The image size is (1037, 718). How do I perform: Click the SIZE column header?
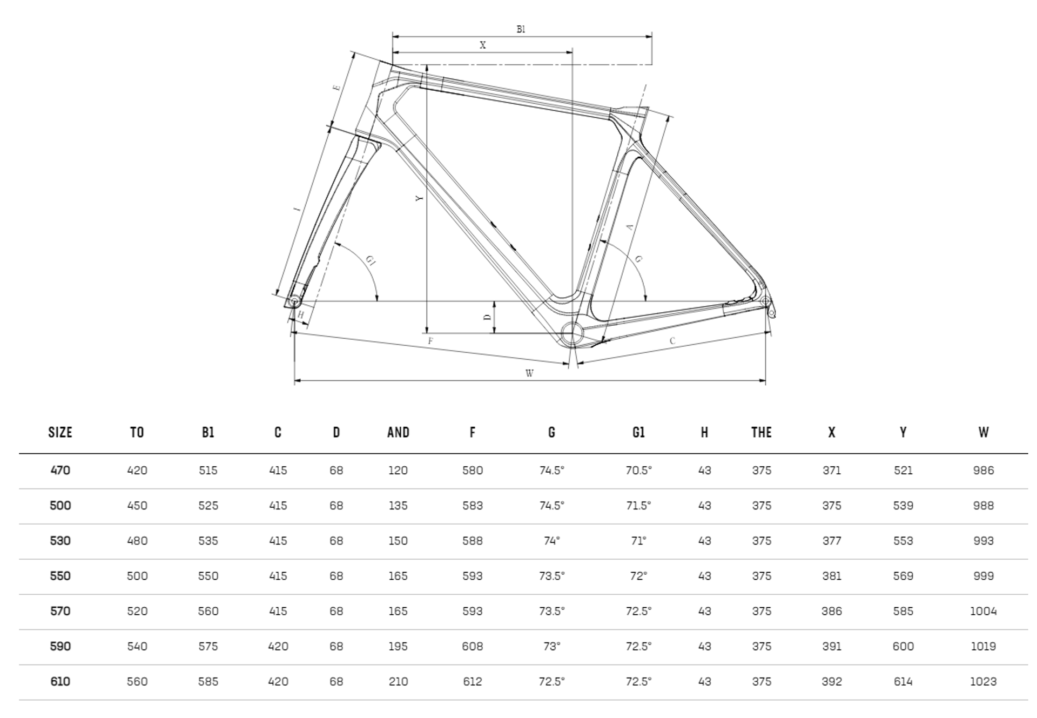[60, 432]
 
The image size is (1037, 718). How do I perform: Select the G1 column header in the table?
[638, 432]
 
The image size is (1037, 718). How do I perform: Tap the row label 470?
[60, 471]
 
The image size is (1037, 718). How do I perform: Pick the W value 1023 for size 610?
[983, 682]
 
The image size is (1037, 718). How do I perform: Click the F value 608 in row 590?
[472, 647]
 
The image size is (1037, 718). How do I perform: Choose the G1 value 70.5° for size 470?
[638, 471]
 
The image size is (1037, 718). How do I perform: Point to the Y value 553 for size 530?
[903, 541]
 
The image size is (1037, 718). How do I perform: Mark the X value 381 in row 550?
[831, 576]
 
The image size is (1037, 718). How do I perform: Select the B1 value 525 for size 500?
[208, 506]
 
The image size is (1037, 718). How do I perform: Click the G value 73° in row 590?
[551, 647]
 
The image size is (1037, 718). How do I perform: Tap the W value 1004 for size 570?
[983, 611]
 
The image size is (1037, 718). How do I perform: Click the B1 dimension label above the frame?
[521, 30]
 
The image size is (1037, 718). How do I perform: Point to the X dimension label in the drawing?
[483, 45]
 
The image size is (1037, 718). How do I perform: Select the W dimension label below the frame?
[529, 373]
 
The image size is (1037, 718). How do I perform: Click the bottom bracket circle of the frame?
[571, 333]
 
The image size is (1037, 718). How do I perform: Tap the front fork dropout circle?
[294, 301]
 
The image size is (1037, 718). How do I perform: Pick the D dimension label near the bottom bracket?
[487, 317]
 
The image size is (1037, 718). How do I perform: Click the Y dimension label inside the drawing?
[419, 198]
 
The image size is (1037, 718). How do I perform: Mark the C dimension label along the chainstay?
[672, 341]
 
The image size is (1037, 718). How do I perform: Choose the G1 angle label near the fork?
[371, 260]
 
